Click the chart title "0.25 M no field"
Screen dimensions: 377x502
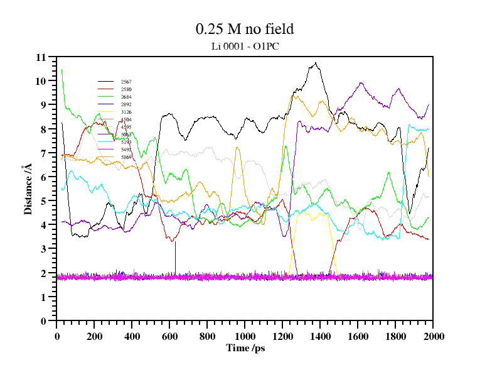pos(245,29)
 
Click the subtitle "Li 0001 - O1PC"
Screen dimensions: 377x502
pos(245,46)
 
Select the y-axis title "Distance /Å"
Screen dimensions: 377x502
pos(28,188)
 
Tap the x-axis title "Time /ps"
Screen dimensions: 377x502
pos(245,347)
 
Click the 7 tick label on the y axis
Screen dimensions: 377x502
pos(43,153)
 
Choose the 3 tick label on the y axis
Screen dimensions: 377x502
pos(43,249)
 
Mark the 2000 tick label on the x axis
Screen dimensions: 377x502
pos(433,336)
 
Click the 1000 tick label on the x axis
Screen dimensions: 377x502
pos(245,336)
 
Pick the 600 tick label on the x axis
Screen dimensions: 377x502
pos(169,336)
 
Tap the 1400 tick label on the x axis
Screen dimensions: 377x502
pos(320,336)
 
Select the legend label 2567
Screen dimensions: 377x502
pos(126,82)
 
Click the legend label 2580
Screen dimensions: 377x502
pos(126,89)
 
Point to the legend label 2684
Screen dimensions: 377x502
pos(126,97)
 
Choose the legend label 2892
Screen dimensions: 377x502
pos(126,104)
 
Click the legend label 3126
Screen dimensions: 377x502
pos(126,112)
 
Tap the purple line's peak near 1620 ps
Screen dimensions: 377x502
pos(361,83)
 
